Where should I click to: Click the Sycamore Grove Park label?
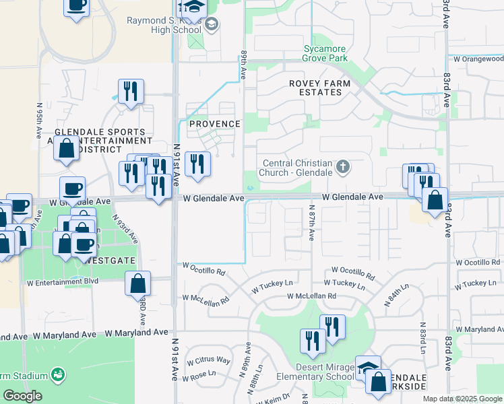(325, 54)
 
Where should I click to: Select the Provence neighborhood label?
(214, 124)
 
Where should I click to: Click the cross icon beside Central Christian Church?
(343, 166)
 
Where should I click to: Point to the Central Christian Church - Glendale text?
(297, 168)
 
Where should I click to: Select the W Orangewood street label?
(478, 59)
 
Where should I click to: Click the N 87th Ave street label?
(312, 223)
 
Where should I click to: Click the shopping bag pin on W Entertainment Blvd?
(137, 285)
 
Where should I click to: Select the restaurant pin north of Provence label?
(131, 92)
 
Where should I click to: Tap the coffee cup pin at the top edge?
(76, 7)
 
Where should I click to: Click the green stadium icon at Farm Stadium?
(59, 374)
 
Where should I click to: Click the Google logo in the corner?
(22, 396)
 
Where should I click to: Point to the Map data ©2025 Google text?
(462, 399)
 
